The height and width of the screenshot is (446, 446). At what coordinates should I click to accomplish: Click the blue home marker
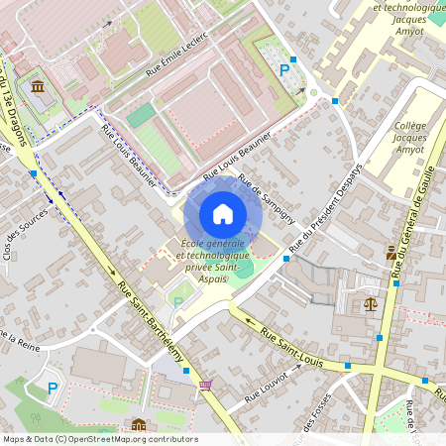tap(223, 214)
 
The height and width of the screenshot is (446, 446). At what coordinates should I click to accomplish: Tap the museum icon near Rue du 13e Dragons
tap(38, 88)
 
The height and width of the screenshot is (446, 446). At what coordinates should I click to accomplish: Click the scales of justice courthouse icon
tap(371, 304)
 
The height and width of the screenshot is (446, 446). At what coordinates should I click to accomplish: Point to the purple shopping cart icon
tap(205, 386)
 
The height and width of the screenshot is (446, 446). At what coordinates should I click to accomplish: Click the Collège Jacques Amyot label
tap(409, 138)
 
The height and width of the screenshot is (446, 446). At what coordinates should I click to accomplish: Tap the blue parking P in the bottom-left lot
tap(54, 388)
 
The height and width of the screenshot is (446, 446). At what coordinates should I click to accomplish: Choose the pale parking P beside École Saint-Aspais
tap(178, 301)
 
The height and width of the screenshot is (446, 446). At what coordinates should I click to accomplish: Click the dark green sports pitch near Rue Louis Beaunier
tap(143, 112)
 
